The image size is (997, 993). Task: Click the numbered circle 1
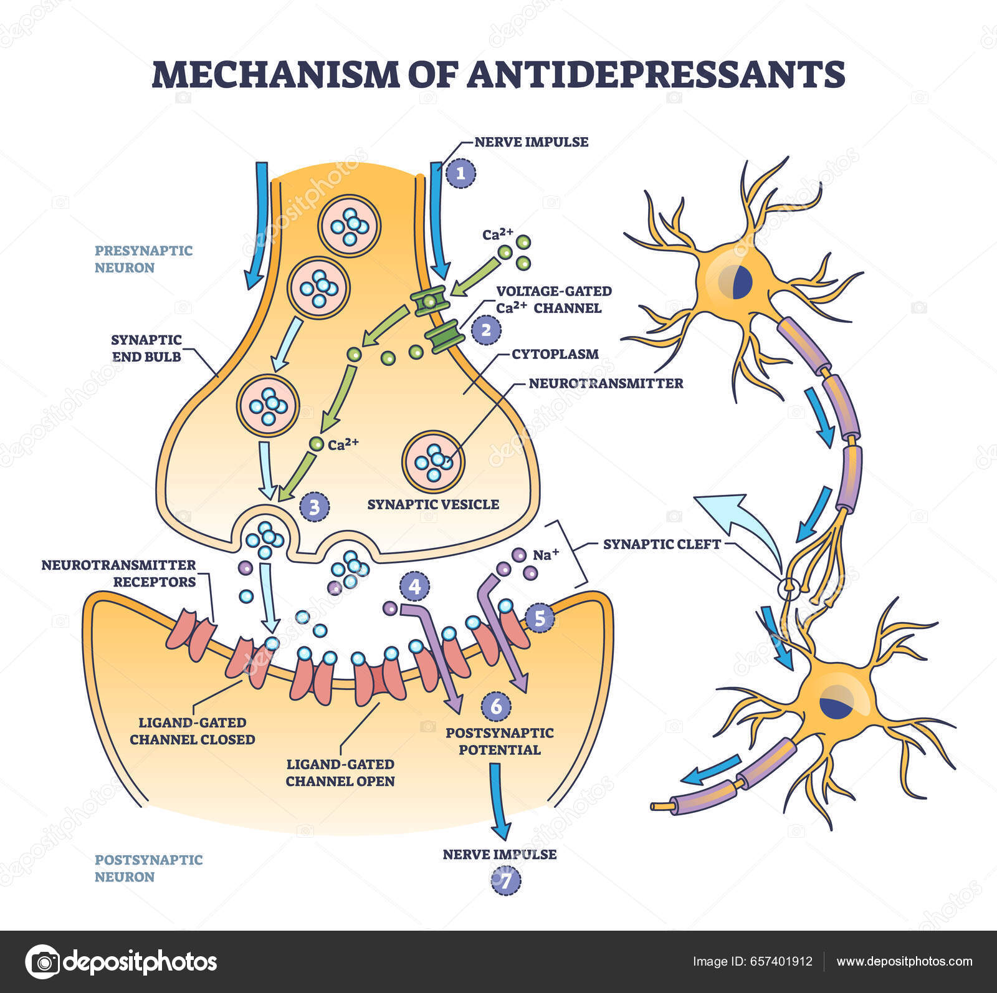coord(460,174)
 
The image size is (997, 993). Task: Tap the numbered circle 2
coord(486,329)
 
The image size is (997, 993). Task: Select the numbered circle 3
coord(314,507)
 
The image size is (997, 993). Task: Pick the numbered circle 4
coord(415,587)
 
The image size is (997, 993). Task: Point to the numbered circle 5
coord(540,618)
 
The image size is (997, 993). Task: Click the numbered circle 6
coord(496,706)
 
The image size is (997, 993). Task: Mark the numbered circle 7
coord(505,881)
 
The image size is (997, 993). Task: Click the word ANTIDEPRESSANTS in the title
coord(656,74)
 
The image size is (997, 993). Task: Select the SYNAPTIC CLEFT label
coord(662,544)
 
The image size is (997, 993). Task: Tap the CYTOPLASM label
coord(555,354)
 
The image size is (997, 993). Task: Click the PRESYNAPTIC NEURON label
coord(143,259)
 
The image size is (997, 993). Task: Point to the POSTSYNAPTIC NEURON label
coord(148,868)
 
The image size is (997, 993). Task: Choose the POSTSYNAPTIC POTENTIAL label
coord(499,741)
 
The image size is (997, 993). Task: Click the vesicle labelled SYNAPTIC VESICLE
coord(434,461)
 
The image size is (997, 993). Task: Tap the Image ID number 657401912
coord(783,961)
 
